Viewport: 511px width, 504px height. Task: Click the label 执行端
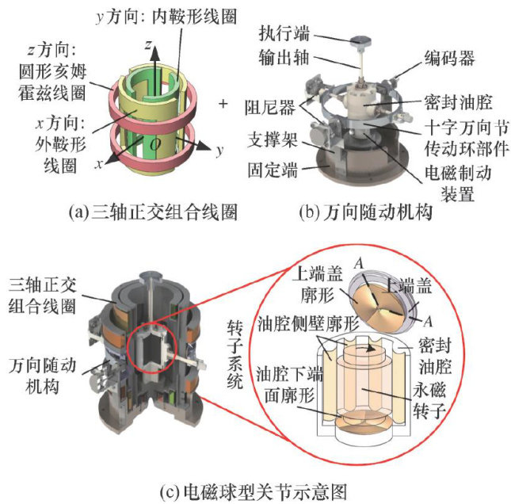tap(284, 34)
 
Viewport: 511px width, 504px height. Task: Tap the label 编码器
tap(449, 59)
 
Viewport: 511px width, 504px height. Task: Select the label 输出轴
tap(284, 58)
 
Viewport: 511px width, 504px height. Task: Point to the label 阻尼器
tap(270, 107)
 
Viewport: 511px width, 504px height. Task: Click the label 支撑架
tap(273, 139)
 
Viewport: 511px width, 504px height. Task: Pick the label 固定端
tap(273, 170)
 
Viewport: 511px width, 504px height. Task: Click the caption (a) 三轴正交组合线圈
tap(153, 212)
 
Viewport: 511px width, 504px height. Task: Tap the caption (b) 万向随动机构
tap(366, 212)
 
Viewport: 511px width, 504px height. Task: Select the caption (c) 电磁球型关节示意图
tap(254, 492)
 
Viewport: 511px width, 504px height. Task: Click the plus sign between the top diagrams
tap(223, 104)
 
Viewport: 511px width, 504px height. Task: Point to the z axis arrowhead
tap(156, 53)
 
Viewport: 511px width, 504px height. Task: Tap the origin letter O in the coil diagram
tap(155, 144)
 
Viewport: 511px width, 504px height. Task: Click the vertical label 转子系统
tap(235, 354)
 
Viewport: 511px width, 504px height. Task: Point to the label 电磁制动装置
tap(458, 183)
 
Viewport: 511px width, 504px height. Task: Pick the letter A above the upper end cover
tap(359, 263)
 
